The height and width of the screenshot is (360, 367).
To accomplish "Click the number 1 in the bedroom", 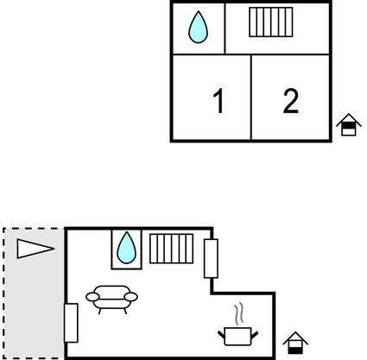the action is (x=218, y=101).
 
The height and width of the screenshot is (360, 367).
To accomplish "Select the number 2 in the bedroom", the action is (x=291, y=101).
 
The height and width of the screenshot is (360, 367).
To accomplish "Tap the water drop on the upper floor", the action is (x=198, y=27).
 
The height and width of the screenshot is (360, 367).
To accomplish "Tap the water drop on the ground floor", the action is (x=126, y=248).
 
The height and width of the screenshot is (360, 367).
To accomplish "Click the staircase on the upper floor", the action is (x=271, y=22).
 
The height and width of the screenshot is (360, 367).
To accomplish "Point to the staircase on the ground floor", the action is (x=171, y=249).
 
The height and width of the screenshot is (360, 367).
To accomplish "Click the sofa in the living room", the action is (x=111, y=300).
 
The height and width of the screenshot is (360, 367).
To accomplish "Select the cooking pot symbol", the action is (x=237, y=337).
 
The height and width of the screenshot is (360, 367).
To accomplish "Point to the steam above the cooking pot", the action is (x=239, y=313).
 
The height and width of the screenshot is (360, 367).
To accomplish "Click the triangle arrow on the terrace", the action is (x=35, y=249).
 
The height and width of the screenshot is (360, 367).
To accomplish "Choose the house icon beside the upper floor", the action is (x=349, y=124).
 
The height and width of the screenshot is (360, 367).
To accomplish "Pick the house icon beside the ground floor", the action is (x=295, y=343).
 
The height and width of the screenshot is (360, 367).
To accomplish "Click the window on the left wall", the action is (x=71, y=323).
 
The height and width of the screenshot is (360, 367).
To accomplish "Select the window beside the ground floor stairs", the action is (x=211, y=258).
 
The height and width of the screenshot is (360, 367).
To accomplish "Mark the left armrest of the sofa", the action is (x=92, y=297).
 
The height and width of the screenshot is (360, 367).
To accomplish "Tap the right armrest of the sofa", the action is (x=131, y=297).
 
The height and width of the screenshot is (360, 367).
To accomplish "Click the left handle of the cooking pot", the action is (x=221, y=335).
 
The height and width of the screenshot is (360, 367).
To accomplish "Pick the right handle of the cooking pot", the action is (x=255, y=335).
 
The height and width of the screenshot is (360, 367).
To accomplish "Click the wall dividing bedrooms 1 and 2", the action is (x=251, y=98).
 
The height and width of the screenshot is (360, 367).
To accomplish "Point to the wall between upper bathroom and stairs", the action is (x=225, y=28).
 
